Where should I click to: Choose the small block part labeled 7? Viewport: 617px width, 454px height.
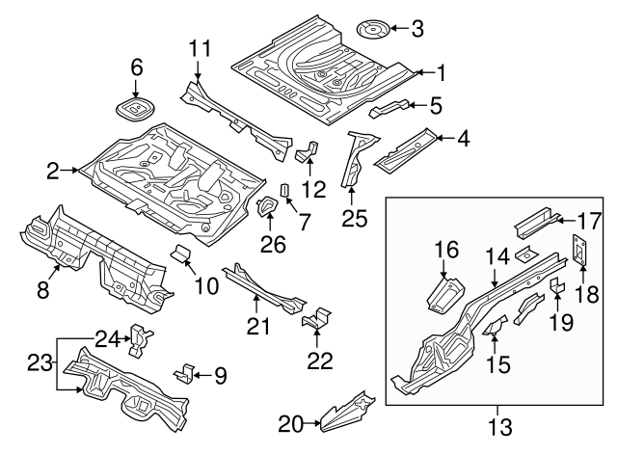tap(285, 189)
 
